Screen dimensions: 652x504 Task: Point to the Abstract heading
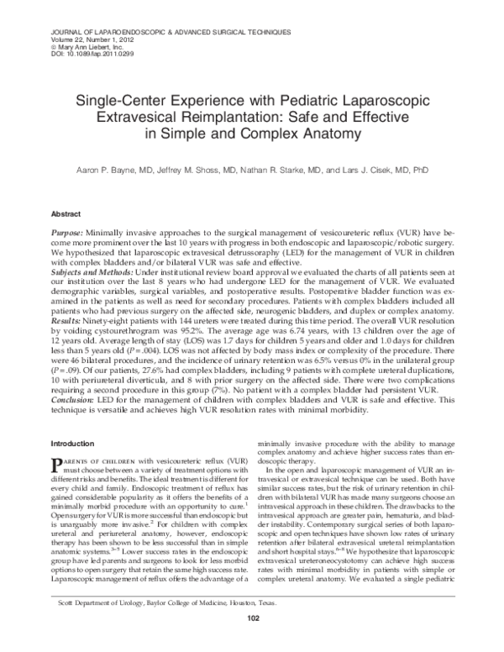[x=66, y=214]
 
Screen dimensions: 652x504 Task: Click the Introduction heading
[x=73, y=443]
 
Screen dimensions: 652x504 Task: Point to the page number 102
[x=253, y=643]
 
